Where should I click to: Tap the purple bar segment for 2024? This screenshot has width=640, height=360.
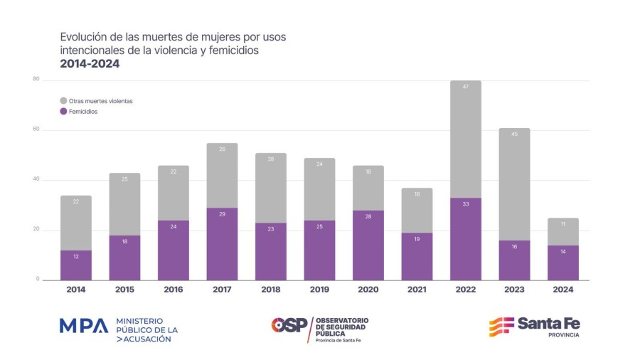pyautogui.click(x=562, y=263)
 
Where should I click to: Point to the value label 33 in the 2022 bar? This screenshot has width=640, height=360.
pyautogui.click(x=465, y=204)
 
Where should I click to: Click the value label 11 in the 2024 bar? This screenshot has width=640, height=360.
pyautogui.click(x=562, y=224)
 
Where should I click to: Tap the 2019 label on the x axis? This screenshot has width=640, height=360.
pyautogui.click(x=319, y=290)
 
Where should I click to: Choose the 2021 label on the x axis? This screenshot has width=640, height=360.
pyautogui.click(x=417, y=290)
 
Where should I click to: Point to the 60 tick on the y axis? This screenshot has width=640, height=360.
pyautogui.click(x=36, y=129)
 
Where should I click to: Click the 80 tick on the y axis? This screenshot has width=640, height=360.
pyautogui.click(x=36, y=79)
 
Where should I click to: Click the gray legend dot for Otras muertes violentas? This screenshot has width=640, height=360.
pyautogui.click(x=63, y=101)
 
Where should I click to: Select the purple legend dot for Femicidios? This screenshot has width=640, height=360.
pyautogui.click(x=63, y=112)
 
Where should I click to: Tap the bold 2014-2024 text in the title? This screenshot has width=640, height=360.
pyautogui.click(x=90, y=64)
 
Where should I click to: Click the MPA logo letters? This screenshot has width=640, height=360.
pyautogui.click(x=83, y=326)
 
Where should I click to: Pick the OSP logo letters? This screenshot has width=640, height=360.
pyautogui.click(x=289, y=325)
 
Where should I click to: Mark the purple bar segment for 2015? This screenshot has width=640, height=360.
pyautogui.click(x=124, y=258)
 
